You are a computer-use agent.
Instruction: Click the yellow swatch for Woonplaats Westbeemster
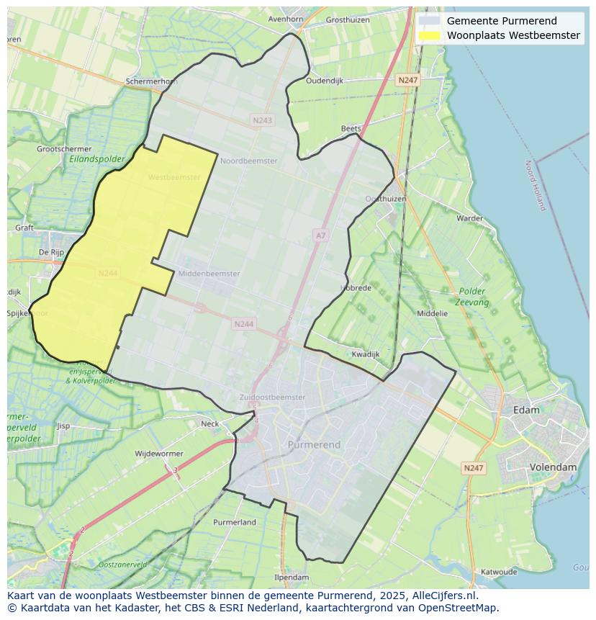click(430, 35)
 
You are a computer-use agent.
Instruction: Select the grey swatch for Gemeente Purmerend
click(430, 21)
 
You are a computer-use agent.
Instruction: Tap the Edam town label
click(526, 410)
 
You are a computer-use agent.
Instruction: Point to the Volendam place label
click(553, 467)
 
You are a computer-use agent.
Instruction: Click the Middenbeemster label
click(209, 274)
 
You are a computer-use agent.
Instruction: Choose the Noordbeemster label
click(248, 161)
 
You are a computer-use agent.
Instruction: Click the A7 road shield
click(320, 235)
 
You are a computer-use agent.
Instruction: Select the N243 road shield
click(263, 120)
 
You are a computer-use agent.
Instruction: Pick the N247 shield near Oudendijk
click(408, 81)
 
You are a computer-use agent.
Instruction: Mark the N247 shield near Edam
click(473, 468)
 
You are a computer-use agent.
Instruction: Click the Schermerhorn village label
click(151, 81)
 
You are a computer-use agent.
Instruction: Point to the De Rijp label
click(52, 252)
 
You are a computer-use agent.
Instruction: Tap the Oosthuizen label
click(386, 199)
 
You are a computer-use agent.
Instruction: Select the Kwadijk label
click(366, 354)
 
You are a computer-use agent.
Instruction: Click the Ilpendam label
click(292, 578)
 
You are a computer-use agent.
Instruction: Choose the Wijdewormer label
click(159, 454)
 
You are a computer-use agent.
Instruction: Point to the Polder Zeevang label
click(472, 297)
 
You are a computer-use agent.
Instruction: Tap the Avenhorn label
click(285, 19)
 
